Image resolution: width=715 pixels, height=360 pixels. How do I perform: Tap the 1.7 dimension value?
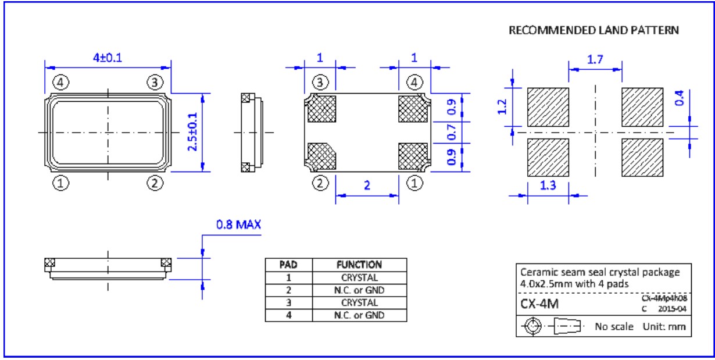coord(595,58)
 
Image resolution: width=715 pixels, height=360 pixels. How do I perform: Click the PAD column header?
coord(289,264)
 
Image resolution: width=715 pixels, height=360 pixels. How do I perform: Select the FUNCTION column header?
coord(359,264)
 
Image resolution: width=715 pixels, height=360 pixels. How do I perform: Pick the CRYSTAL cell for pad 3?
coord(359,303)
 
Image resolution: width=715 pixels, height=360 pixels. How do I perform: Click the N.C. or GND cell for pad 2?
coord(359,290)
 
